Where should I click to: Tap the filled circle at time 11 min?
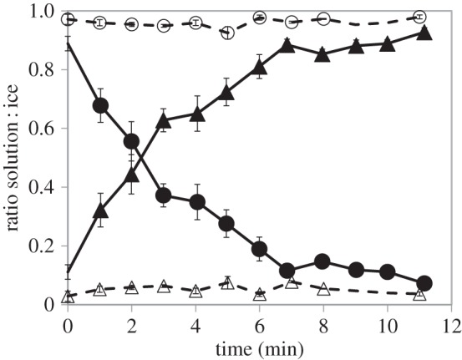pyautogui.click(x=424, y=283)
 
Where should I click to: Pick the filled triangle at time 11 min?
pyautogui.click(x=424, y=33)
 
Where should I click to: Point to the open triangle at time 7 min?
pyautogui.click(x=291, y=283)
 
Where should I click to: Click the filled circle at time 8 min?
pyautogui.click(x=323, y=261)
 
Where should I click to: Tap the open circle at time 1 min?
pyautogui.click(x=100, y=22)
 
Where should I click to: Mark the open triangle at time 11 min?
pyautogui.click(x=420, y=293)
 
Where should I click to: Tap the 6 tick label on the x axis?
pyautogui.click(x=259, y=322)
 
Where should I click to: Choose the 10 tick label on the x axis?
pyautogui.click(x=387, y=322)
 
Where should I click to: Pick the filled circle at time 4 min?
pyautogui.click(x=196, y=202)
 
